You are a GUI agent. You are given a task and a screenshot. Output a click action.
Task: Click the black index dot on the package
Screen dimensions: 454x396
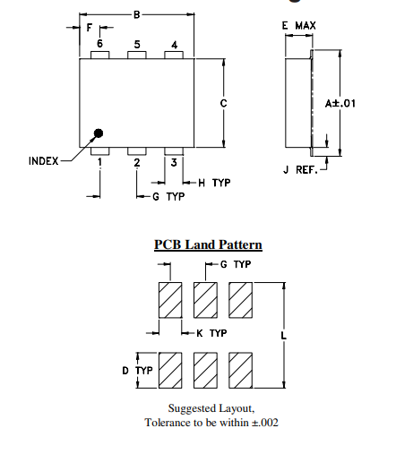[99, 133]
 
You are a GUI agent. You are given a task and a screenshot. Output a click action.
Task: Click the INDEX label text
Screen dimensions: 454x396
[43, 161]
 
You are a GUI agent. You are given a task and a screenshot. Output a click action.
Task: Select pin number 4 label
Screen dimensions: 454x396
[174, 44]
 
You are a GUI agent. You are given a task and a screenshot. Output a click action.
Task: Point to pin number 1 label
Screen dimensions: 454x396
[99, 163]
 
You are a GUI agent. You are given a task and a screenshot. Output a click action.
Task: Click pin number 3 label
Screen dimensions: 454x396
[174, 162]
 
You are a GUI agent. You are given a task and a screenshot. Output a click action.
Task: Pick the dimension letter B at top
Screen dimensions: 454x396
[136, 14]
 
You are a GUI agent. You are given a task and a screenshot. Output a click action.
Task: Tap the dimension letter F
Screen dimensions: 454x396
[88, 28]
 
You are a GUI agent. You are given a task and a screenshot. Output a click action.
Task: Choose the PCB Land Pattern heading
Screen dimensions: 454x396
[208, 244]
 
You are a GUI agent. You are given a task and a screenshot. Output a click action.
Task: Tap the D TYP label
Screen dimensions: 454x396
[137, 370]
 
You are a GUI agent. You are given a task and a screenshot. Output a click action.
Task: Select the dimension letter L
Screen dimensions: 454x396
[283, 336]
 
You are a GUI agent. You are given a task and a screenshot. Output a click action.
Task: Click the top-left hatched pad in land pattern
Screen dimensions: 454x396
[170, 300]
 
